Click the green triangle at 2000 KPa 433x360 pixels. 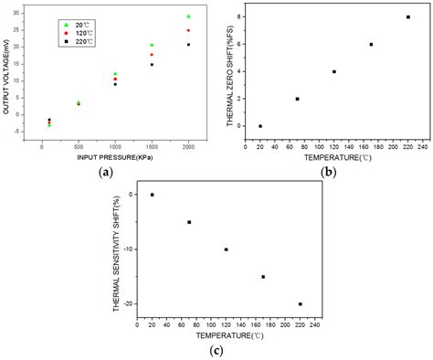pyautogui.click(x=188, y=16)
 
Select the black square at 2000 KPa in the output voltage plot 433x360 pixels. pyautogui.click(x=188, y=45)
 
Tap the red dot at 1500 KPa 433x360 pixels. pyautogui.click(x=152, y=55)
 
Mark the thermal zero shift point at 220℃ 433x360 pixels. pyautogui.click(x=407, y=16)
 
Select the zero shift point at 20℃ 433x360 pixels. pyautogui.click(x=260, y=126)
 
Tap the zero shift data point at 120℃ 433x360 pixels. pyautogui.click(x=333, y=71)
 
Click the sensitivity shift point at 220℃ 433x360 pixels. pyautogui.click(x=300, y=304)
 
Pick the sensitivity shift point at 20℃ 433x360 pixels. pyautogui.click(x=152, y=195)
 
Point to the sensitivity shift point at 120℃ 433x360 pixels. pyautogui.click(x=226, y=249)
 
